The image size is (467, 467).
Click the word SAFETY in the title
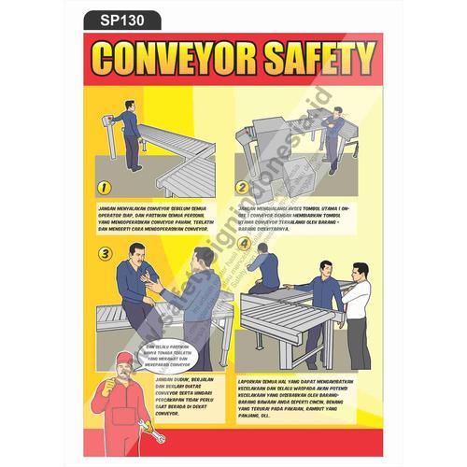point(307,58)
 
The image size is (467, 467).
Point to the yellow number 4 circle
point(244,247)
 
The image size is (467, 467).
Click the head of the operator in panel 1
point(129,101)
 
